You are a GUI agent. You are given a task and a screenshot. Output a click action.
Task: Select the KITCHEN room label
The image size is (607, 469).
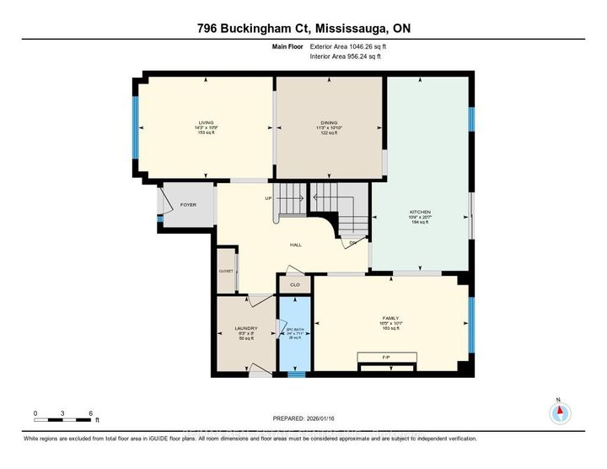pyautogui.click(x=420, y=212)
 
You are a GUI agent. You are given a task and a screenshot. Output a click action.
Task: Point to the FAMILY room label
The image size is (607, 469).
pyautogui.click(x=389, y=318)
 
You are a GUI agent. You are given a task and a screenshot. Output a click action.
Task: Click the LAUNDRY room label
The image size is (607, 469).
pyautogui.click(x=245, y=328)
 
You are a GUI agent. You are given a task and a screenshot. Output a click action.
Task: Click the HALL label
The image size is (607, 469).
pyautogui.click(x=296, y=245)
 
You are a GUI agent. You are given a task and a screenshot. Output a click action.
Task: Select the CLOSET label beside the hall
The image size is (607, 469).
pyautogui.click(x=226, y=271)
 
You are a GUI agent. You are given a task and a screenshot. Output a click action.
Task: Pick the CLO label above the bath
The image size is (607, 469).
pyautogui.click(x=294, y=285)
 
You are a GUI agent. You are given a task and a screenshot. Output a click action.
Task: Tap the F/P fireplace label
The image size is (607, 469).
pyautogui.click(x=386, y=358)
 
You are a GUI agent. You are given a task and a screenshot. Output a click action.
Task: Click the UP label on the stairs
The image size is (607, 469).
pyautogui.click(x=269, y=199)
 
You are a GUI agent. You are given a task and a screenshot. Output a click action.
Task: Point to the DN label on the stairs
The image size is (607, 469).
pyautogui.click(x=354, y=243)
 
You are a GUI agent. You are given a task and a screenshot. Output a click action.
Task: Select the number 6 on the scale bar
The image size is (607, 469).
pyautogui.click(x=89, y=414)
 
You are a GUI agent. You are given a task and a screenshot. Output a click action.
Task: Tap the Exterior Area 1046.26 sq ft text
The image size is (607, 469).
pyautogui.click(x=346, y=48)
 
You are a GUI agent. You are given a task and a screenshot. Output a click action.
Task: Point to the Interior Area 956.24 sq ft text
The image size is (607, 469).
pyautogui.click(x=345, y=57)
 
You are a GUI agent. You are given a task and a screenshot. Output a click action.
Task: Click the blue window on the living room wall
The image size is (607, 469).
pyautogui.click(x=135, y=126)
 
